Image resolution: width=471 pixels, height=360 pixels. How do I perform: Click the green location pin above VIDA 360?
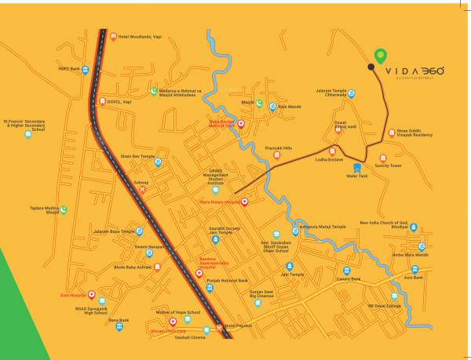(381, 56)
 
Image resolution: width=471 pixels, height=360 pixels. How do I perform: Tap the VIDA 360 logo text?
(414, 71)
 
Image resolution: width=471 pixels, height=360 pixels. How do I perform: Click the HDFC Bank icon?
(86, 69)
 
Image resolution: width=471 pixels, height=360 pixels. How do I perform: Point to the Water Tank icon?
(358, 167)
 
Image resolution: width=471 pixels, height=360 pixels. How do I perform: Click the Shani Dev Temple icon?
(158, 163)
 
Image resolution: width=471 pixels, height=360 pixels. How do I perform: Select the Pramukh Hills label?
(278, 147)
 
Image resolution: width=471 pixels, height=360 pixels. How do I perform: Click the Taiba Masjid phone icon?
(63, 209)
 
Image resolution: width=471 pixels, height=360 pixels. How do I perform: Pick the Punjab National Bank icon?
(209, 288)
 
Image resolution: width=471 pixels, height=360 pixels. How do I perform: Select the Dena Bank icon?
(119, 327)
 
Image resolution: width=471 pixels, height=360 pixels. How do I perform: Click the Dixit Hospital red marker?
(92, 296)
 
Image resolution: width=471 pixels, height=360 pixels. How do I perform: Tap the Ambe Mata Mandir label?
(411, 255)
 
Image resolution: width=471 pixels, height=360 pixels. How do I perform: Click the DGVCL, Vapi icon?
(102, 100)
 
